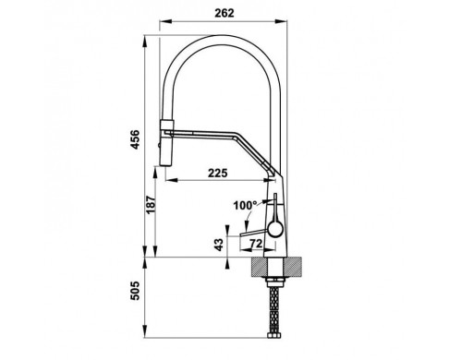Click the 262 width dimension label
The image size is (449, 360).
[224, 13]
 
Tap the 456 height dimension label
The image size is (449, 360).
[135, 139]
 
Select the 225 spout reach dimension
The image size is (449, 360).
[218, 173]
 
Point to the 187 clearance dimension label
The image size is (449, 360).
[151, 205]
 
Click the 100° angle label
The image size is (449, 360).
[245, 205]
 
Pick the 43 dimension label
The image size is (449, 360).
[218, 245]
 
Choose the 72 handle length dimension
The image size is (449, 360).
[256, 244]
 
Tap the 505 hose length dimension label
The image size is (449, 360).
[135, 291]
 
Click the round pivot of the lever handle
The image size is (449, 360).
[275, 229]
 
